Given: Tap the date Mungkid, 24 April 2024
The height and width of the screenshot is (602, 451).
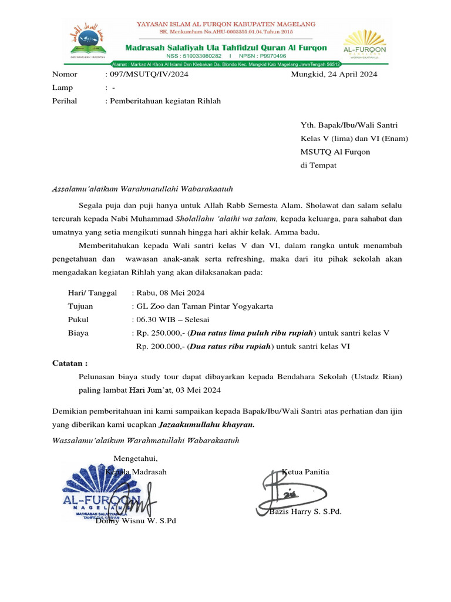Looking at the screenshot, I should coord(334,75).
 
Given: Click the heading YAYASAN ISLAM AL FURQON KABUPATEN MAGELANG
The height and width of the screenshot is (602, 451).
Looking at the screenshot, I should coord(225,24).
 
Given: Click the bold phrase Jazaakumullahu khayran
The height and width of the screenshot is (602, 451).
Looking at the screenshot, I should coord(207,424).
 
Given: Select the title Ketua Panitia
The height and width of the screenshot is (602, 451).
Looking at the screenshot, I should coord(305,472).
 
